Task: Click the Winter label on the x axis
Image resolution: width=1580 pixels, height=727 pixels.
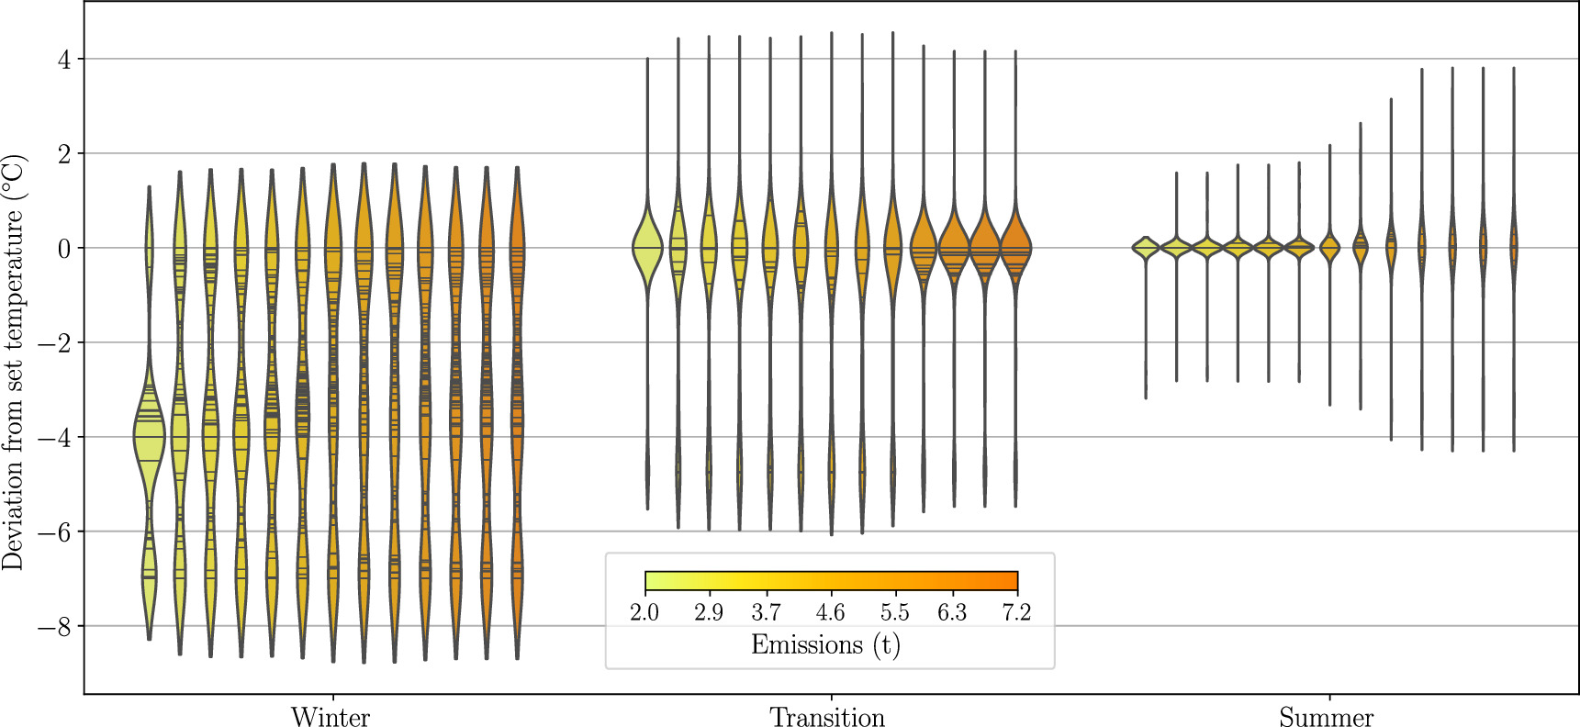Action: tap(331, 717)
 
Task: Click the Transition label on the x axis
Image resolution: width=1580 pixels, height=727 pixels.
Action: tap(827, 717)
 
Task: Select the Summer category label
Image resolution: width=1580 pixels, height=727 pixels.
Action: tap(1326, 717)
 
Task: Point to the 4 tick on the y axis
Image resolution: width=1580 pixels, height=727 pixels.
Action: tap(63, 60)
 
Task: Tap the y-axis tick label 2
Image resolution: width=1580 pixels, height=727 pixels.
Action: tap(63, 154)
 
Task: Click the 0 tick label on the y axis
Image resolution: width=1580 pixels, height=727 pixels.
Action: tap(63, 249)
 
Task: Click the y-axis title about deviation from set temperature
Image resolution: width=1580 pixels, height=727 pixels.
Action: tap(13, 363)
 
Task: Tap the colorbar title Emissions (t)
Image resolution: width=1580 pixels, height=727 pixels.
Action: tap(825, 644)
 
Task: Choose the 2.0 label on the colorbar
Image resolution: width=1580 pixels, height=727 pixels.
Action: tap(644, 612)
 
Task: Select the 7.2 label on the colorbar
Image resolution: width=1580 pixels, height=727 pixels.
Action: tap(1016, 612)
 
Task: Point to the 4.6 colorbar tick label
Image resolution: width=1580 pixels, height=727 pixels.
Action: tap(830, 612)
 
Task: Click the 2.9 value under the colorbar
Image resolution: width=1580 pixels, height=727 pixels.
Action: tap(708, 612)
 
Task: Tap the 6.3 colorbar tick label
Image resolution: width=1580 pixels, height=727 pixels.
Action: tap(952, 612)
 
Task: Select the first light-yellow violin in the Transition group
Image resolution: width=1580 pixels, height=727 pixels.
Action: tap(647, 248)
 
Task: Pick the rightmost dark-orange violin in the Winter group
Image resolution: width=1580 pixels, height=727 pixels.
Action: tap(518, 413)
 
